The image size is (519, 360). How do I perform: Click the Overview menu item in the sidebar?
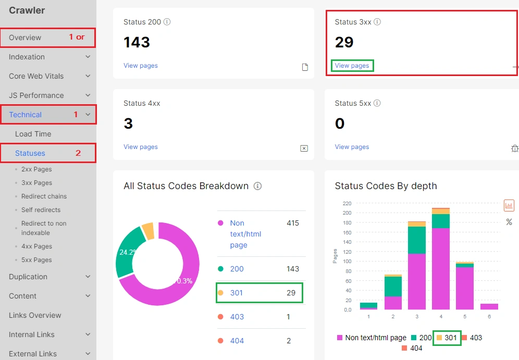25,38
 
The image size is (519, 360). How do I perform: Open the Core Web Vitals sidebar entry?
36,76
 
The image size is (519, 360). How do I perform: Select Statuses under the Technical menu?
30,153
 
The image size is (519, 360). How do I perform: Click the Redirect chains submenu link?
44,196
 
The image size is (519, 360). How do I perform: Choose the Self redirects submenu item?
41,210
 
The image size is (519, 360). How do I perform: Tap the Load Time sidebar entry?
33,134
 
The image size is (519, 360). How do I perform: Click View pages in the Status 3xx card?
352,66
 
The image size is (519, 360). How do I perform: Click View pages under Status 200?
140,66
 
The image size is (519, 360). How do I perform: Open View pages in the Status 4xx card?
140,147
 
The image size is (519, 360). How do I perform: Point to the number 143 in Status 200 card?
137,42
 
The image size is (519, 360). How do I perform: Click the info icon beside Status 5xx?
377,103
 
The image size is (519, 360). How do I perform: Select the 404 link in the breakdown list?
237,341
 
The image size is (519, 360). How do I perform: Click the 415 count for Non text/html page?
292,223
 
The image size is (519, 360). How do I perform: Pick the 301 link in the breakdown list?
237,293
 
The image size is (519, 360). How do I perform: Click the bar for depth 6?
489,306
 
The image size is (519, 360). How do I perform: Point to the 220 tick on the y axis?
347,203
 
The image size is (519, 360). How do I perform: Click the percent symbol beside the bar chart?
509,222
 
